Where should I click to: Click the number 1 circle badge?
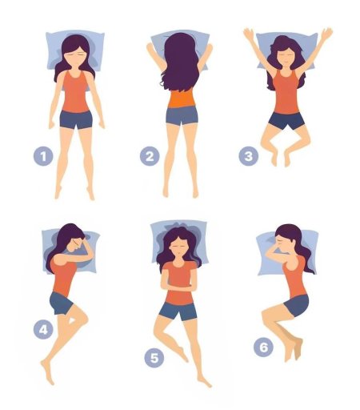43,156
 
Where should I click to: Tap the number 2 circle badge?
150,156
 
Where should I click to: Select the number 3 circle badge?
249,156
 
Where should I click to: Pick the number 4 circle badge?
43,329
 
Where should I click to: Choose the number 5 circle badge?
154,358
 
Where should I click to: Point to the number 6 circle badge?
263,347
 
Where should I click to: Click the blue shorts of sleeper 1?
76,120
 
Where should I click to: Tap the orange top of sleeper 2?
182,98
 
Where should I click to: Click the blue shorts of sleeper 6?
297,305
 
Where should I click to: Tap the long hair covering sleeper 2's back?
181,62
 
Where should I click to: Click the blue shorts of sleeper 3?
286,121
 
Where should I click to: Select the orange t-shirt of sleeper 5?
178,283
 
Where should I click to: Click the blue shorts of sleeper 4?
61,303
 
